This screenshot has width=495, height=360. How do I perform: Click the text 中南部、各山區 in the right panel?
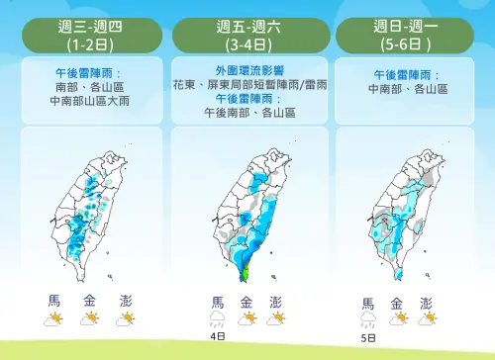tap(408, 87)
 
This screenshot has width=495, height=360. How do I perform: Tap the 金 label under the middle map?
tap(247, 302)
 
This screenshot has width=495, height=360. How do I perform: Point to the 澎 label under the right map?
tap(427, 302)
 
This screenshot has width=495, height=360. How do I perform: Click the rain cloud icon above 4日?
tap(217, 318)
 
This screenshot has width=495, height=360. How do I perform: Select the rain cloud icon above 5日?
tap(367, 318)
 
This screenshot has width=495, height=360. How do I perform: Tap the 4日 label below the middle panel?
tap(218, 336)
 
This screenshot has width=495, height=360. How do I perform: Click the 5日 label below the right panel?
tap(368, 336)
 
